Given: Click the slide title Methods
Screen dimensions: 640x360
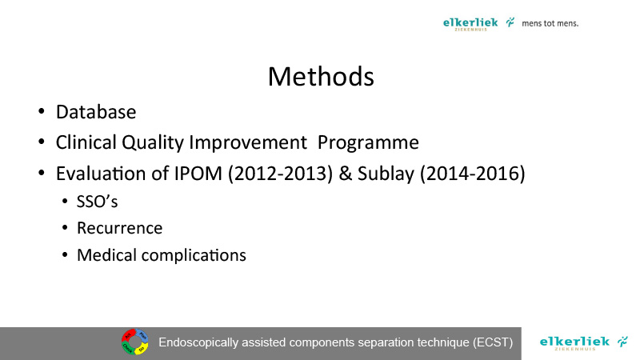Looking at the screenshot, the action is point(321,76).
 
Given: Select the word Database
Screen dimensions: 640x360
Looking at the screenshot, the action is point(96,112).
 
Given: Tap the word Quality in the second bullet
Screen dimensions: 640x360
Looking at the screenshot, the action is point(153,143).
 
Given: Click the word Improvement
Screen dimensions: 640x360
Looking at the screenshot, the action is point(248,143).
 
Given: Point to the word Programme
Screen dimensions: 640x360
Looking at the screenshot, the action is point(368,143).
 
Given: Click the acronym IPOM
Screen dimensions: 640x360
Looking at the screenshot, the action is point(198,174).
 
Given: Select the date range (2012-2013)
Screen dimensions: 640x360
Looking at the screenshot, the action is point(281,174).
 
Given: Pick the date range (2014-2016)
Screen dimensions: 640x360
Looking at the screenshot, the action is point(473,174).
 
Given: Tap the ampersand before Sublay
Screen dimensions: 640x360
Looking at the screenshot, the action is point(346,174).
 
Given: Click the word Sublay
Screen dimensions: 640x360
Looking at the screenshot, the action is point(386,174).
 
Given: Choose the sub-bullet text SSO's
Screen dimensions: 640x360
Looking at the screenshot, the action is point(97,202).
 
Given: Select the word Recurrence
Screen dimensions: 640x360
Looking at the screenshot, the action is point(119,228).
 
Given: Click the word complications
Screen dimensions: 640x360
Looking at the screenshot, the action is point(194,256).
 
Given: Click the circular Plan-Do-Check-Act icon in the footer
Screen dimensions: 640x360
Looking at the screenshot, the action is point(134,342).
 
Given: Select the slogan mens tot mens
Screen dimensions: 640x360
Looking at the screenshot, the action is point(550,23).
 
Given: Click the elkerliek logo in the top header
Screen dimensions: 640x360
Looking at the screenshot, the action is point(478,24).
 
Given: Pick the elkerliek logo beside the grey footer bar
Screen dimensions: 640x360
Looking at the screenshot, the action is point(583,343).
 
